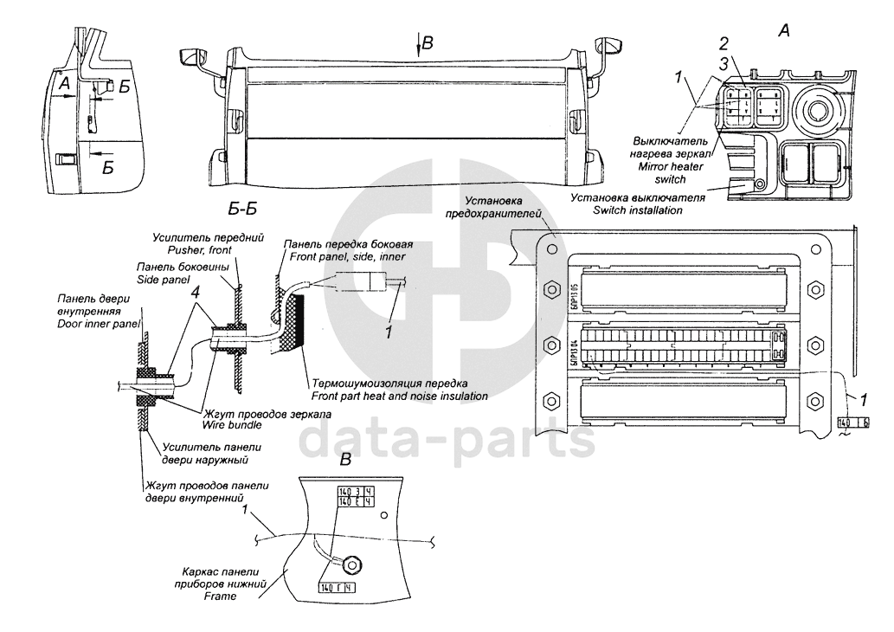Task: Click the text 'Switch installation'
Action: coord(638,210)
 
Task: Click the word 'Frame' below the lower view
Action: coord(220,597)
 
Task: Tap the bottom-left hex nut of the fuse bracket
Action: coord(548,401)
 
